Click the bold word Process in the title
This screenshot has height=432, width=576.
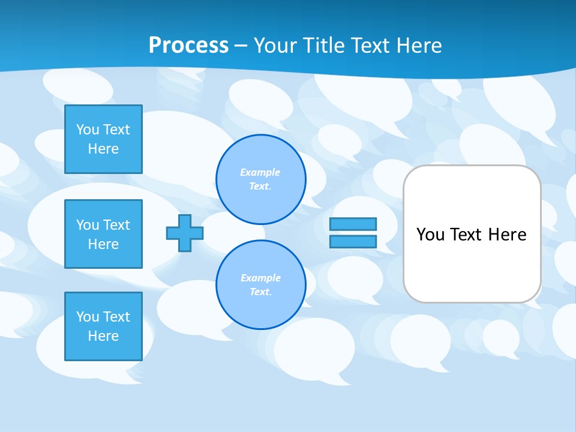pyautogui.click(x=188, y=46)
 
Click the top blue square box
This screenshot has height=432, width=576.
pyautogui.click(x=103, y=139)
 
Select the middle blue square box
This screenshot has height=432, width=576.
pyautogui.click(x=103, y=234)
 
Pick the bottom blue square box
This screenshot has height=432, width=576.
pyautogui.click(x=103, y=326)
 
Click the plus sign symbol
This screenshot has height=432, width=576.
pyautogui.click(x=185, y=233)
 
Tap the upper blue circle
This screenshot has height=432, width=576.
pyautogui.click(x=261, y=179)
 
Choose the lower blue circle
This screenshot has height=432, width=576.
pyautogui.click(x=261, y=285)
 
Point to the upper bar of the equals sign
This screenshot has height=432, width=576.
pyautogui.click(x=353, y=224)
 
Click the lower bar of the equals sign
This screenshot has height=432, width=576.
pyautogui.click(x=353, y=242)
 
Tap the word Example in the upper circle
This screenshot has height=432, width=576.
pyautogui.click(x=260, y=173)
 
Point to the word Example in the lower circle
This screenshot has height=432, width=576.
pyautogui.click(x=260, y=278)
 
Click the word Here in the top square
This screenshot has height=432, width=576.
pyautogui.click(x=103, y=149)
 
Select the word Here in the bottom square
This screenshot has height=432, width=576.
pyautogui.click(x=103, y=336)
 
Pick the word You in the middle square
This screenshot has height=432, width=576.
pyautogui.click(x=88, y=225)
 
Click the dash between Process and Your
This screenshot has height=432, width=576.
pyautogui.click(x=241, y=46)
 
